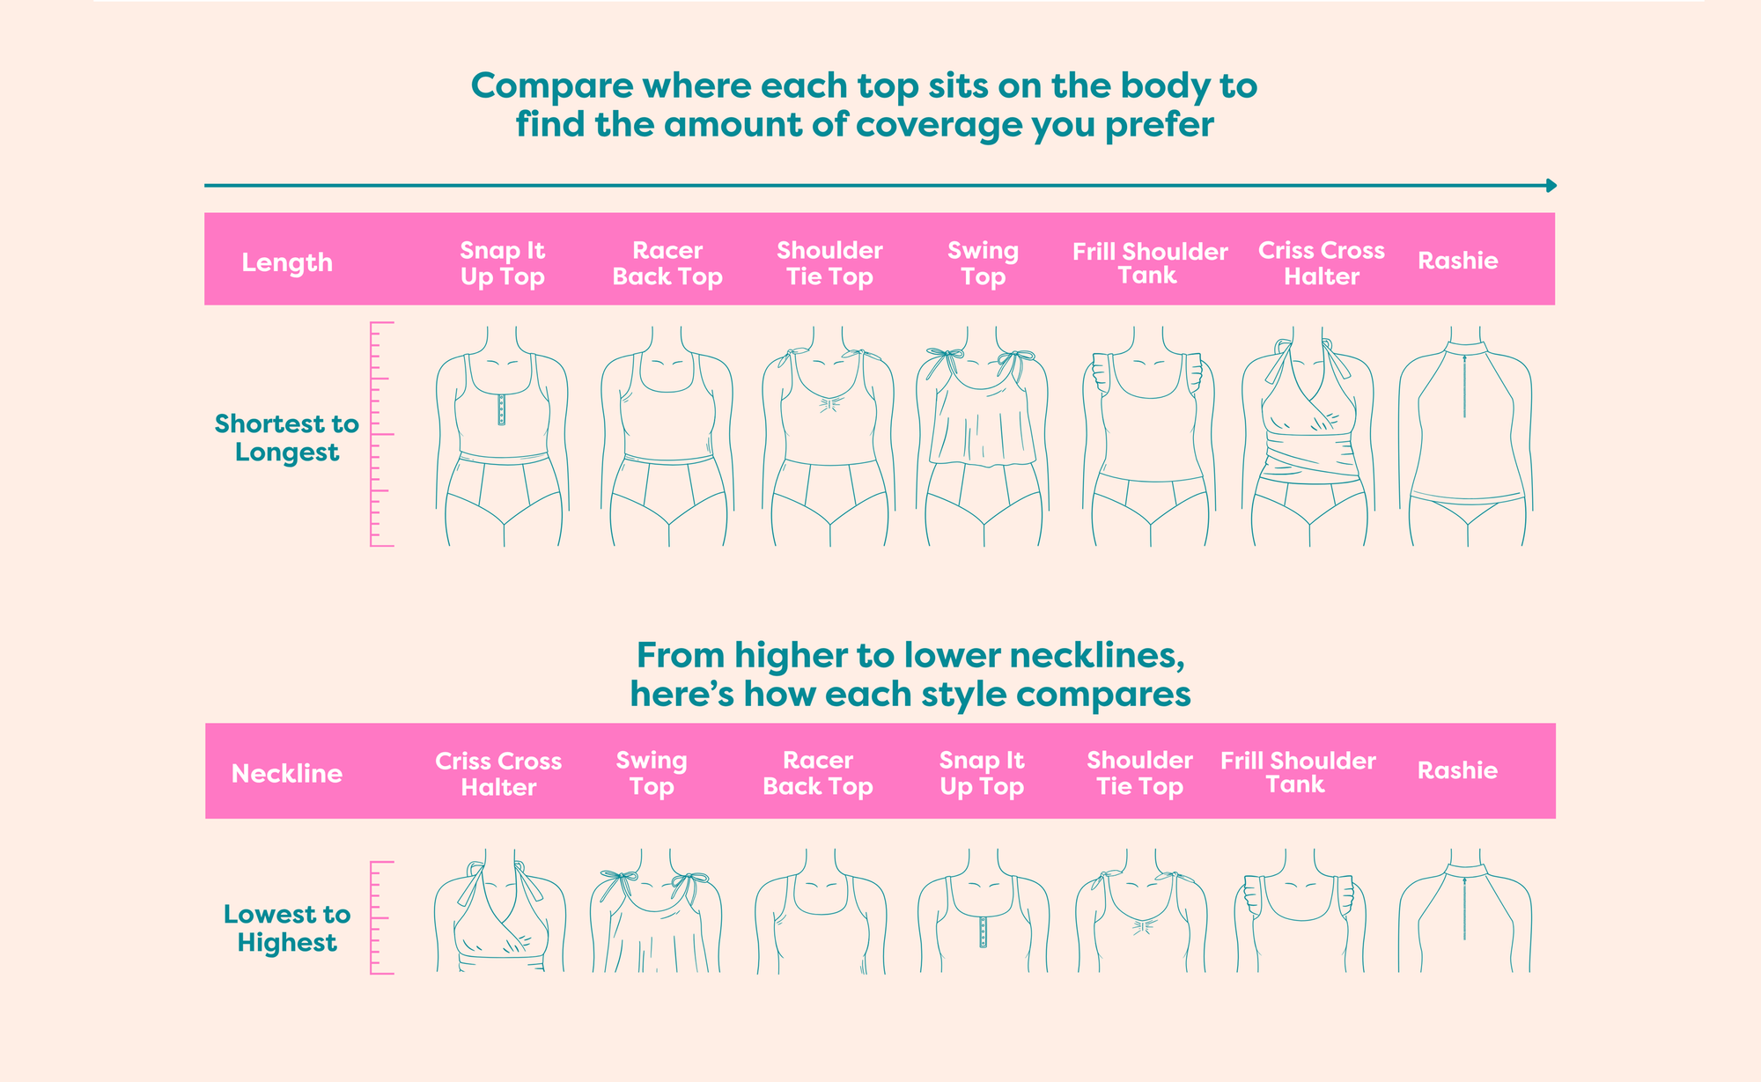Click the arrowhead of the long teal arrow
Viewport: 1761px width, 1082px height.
click(x=1551, y=186)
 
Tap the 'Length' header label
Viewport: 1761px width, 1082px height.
click(x=287, y=262)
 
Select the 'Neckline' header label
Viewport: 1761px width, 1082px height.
click(x=287, y=773)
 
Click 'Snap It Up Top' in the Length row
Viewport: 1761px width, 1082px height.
click(x=503, y=263)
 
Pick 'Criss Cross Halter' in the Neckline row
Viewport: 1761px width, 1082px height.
click(x=498, y=774)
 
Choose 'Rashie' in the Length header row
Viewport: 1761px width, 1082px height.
click(x=1457, y=261)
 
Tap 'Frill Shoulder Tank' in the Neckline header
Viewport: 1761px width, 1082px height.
click(x=1298, y=772)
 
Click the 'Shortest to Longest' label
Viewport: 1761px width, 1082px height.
click(x=287, y=438)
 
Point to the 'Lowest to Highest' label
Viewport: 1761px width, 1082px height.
click(x=287, y=928)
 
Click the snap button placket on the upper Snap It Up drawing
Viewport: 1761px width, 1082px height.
click(x=502, y=409)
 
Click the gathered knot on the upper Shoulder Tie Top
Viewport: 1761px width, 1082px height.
click(x=828, y=404)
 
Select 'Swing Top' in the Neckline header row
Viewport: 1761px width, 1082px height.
click(x=652, y=773)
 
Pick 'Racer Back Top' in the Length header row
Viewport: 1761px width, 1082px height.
click(x=667, y=263)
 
